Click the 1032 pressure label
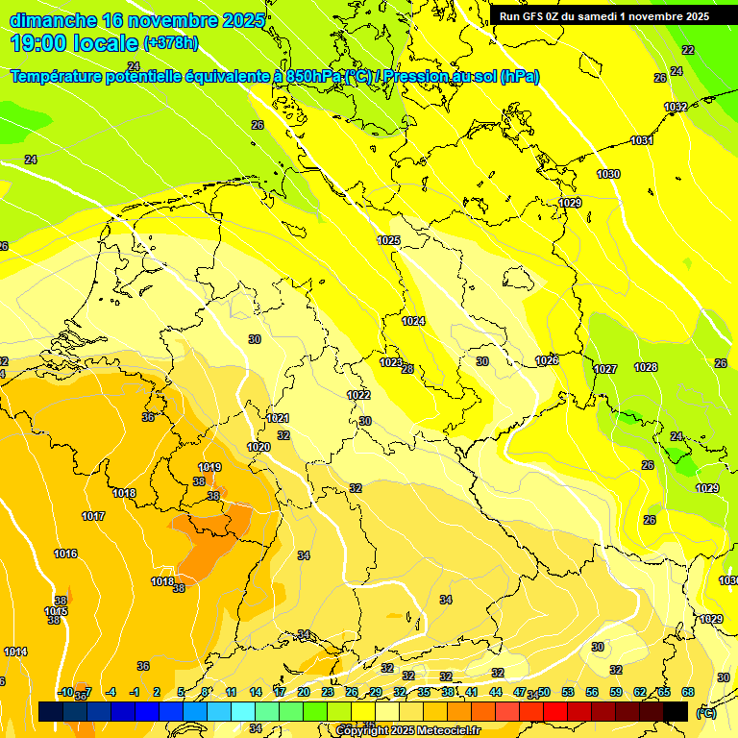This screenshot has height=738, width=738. [676, 108]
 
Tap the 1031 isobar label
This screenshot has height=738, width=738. [642, 141]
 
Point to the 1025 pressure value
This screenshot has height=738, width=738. [388, 240]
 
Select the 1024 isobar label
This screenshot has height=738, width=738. [413, 321]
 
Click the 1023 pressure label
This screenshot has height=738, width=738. [391, 362]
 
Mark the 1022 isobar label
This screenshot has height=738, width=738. [358, 395]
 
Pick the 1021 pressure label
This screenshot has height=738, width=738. [278, 418]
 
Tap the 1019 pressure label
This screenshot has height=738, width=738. [209, 468]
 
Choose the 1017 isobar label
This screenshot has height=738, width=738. [93, 516]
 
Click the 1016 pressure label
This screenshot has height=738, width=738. [65, 553]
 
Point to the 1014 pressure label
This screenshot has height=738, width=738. [15, 652]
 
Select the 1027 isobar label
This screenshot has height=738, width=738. [604, 369]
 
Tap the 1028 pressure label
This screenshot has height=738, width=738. [646, 367]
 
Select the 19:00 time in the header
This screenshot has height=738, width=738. [38, 43]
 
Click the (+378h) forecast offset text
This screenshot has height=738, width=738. [171, 43]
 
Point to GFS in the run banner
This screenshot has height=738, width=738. [535, 16]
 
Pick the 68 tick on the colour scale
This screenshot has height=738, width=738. [688, 692]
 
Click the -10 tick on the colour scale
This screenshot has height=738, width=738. [65, 692]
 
